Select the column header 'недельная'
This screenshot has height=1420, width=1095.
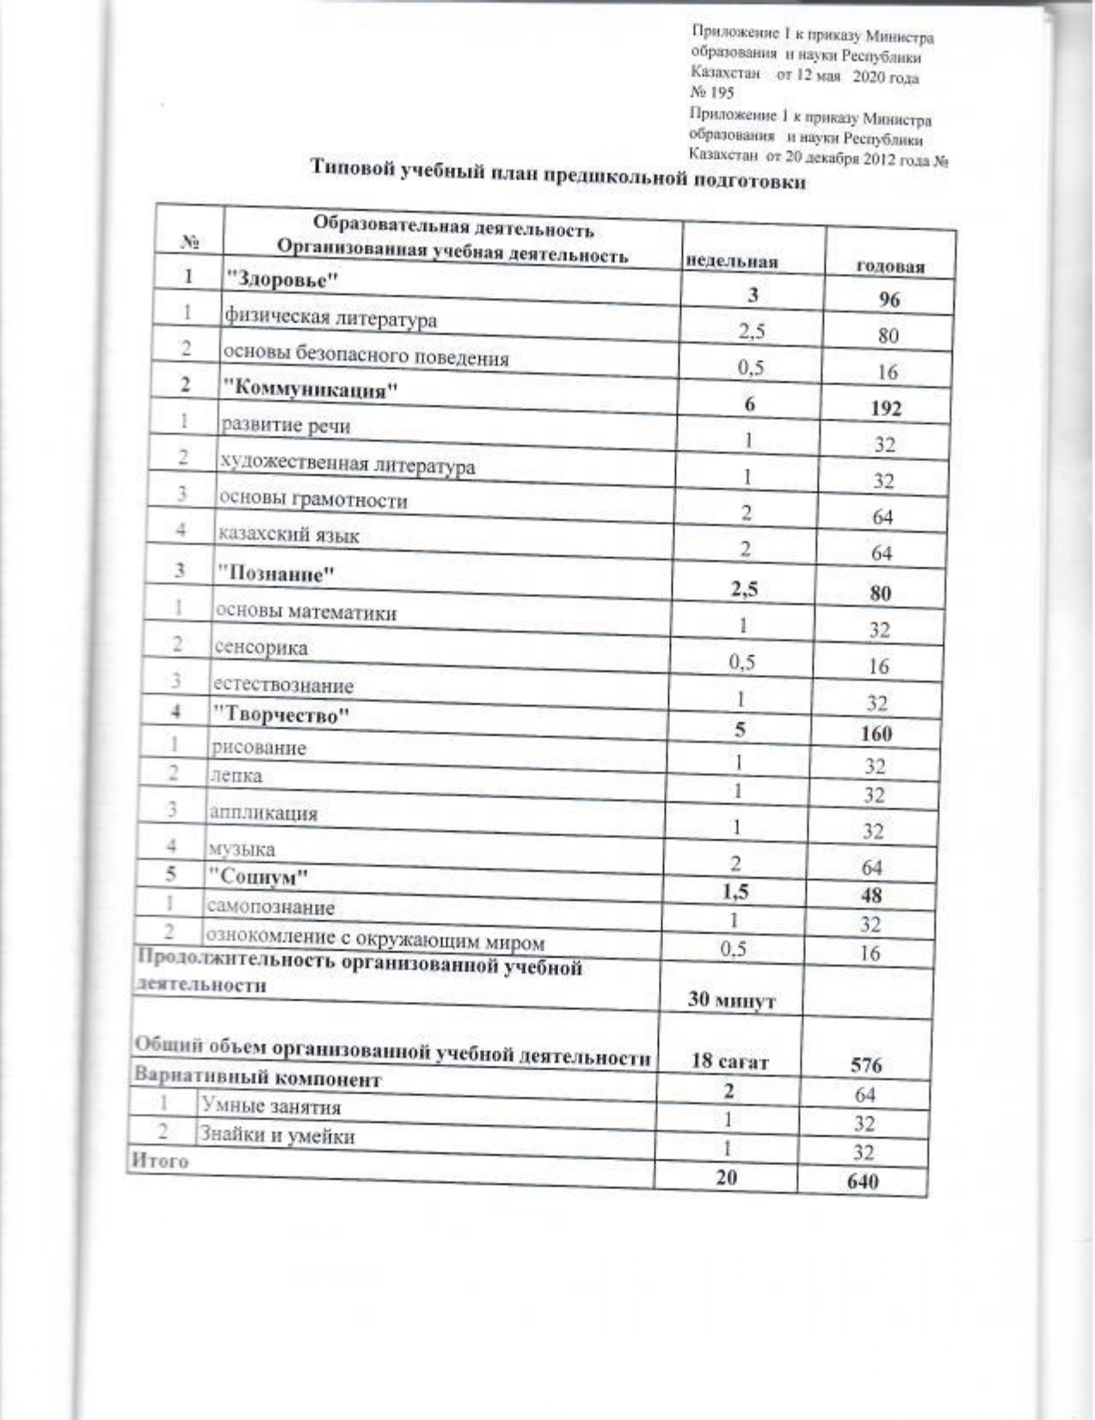coord(730,261)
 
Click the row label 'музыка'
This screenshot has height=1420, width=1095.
coord(242,849)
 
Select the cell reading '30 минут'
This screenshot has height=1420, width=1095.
coord(731,1001)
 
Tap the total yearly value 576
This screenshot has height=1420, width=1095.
coord(865,1065)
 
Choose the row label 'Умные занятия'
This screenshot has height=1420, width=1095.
coord(270,1107)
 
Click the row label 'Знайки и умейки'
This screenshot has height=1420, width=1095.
coord(277,1135)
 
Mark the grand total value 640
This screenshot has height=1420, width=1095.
coord(862,1181)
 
